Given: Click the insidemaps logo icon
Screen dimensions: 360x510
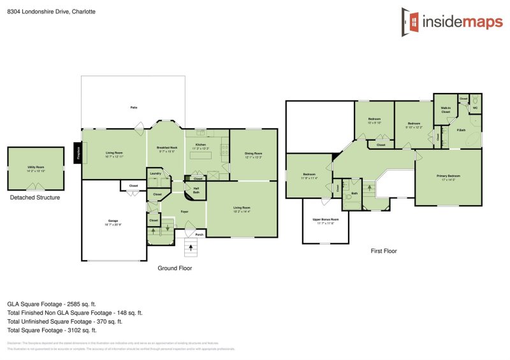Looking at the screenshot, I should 411,22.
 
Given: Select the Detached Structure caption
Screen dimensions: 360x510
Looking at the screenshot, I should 35,198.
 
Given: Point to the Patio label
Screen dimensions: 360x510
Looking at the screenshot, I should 133,108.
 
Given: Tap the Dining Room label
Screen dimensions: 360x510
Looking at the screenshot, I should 253,154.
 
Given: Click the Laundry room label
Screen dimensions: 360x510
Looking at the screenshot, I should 155,173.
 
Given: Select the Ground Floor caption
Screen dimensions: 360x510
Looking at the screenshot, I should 175,268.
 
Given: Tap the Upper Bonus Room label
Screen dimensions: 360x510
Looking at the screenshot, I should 325,220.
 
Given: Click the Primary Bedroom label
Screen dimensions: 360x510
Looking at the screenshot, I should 448,176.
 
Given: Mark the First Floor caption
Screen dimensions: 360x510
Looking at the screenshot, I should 384,251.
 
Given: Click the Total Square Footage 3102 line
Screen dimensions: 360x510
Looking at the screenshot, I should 52,330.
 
